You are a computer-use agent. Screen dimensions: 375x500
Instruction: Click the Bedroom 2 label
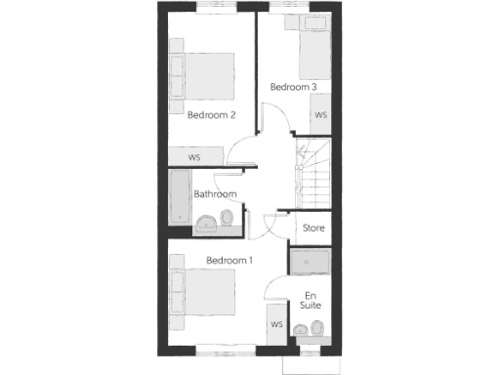point(212,115)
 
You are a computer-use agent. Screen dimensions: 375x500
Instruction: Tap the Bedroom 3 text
point(293,87)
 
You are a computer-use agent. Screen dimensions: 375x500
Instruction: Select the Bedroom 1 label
point(229,261)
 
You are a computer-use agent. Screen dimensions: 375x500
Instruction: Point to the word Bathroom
point(215,194)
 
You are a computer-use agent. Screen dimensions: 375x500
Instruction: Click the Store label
point(312,229)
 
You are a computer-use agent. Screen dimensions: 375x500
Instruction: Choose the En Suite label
point(312,301)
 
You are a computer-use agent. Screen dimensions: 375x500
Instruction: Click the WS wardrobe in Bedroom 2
point(195,157)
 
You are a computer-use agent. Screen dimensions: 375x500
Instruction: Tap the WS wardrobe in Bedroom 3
point(320,115)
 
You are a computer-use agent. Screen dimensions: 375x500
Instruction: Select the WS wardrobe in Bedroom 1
point(276,324)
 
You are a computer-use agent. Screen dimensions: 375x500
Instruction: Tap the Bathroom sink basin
point(207,227)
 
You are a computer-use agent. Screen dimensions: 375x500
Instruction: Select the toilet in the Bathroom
point(229,224)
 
